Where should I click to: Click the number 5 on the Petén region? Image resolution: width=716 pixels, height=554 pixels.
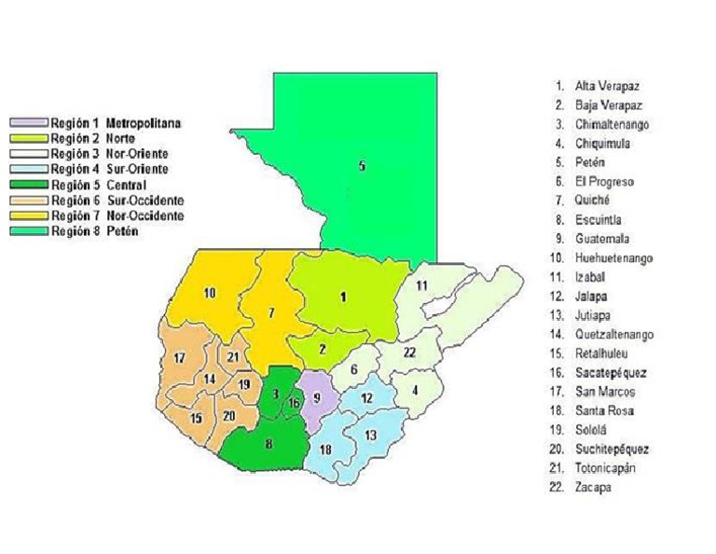362,167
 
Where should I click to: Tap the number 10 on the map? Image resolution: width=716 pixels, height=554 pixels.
211,293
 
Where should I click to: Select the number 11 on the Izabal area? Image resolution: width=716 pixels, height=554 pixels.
421,285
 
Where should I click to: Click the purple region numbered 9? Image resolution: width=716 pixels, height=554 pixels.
318,398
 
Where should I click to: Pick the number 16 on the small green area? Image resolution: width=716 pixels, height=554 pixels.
294,403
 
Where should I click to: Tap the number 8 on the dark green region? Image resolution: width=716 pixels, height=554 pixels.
269,444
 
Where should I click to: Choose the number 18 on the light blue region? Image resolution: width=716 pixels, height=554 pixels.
325,450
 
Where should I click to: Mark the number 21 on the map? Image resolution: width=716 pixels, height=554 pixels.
233,357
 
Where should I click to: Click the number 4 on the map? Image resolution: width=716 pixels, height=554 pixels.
415,389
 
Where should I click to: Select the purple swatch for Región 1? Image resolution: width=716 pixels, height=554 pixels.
28,122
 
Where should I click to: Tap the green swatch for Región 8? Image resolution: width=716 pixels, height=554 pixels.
28,232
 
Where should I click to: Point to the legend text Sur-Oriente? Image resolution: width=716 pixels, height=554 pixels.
137,169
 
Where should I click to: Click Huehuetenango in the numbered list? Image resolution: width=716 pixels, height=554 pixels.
614,257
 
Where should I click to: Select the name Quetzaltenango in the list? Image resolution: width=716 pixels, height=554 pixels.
614,334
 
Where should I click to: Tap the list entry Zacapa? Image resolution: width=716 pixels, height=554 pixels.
594,487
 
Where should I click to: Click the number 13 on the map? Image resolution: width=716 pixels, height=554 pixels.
370,435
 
